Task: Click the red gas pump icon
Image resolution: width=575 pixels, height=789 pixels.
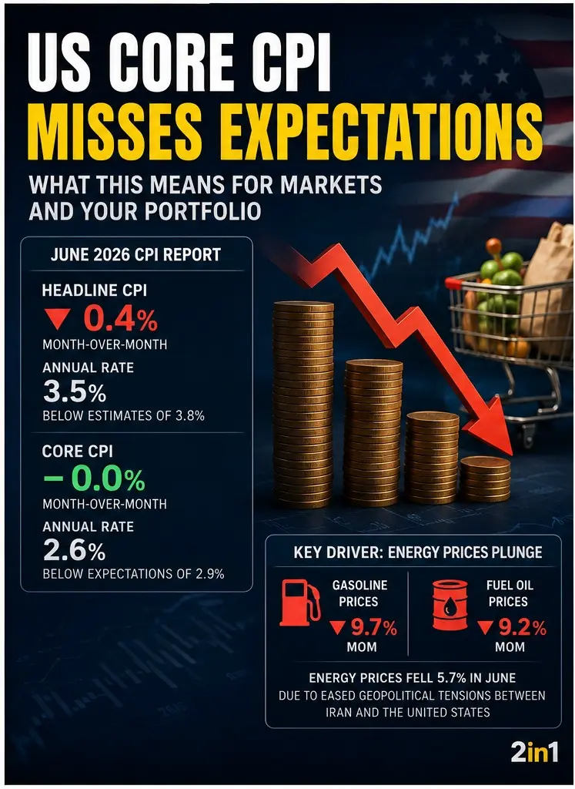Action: (300, 602)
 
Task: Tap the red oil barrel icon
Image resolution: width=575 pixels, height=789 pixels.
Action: (450, 604)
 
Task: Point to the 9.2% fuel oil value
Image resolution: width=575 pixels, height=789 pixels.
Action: (522, 627)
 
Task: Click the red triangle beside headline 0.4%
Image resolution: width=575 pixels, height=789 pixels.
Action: (57, 319)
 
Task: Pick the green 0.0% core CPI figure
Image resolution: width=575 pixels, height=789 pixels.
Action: (108, 478)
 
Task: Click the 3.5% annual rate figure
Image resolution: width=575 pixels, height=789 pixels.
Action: (75, 391)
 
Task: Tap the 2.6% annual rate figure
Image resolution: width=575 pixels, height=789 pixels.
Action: (75, 550)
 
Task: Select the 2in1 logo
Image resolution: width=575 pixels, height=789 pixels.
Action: (534, 753)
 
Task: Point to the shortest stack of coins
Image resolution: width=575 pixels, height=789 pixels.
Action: (486, 478)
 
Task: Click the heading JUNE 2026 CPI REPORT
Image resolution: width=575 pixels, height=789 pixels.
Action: (135, 254)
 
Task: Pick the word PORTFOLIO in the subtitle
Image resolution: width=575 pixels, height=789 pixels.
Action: (203, 212)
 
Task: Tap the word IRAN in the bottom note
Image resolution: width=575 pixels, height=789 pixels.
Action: (340, 713)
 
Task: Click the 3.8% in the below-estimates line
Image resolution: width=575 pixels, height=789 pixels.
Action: (189, 416)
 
